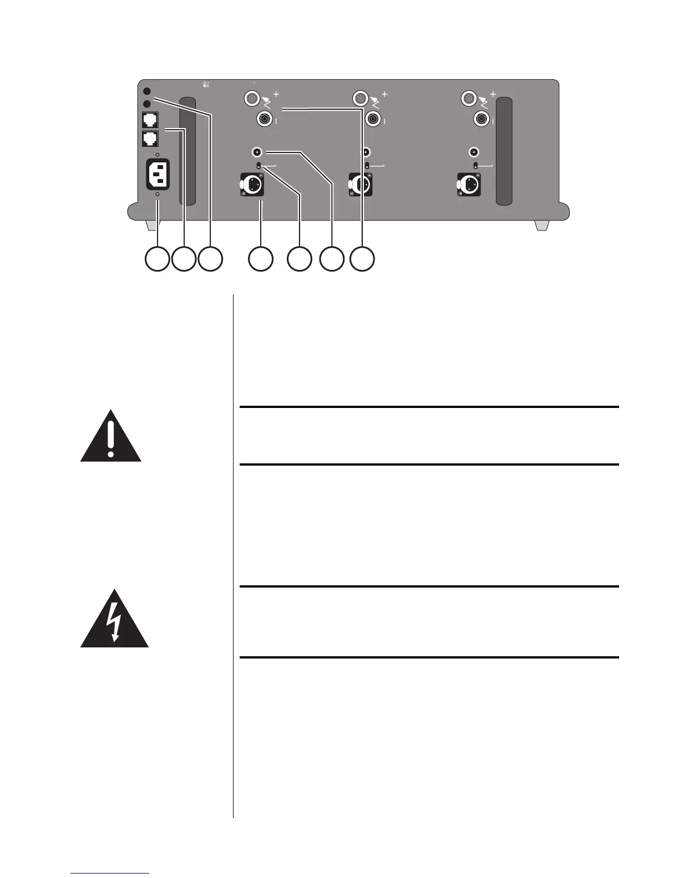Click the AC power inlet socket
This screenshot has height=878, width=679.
(157, 174)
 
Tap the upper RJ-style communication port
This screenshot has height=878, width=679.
(150, 120)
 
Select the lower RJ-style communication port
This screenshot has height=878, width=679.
(150, 138)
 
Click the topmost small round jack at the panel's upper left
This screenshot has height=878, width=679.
(147, 91)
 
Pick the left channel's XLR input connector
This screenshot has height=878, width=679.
(251, 185)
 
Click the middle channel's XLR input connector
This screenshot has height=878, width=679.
(359, 185)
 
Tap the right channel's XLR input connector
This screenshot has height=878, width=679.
(469, 185)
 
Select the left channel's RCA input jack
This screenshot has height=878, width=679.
(257, 152)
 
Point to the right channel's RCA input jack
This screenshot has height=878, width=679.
(474, 152)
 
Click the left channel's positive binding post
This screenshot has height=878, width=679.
(251, 99)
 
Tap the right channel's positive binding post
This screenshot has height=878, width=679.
(469, 99)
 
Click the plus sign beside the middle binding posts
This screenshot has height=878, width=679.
(384, 95)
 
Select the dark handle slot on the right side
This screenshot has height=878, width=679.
(504, 151)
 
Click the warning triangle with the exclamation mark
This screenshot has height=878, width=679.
(111, 437)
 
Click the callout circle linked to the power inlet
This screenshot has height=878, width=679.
(157, 259)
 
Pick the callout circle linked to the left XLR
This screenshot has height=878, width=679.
(261, 259)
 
